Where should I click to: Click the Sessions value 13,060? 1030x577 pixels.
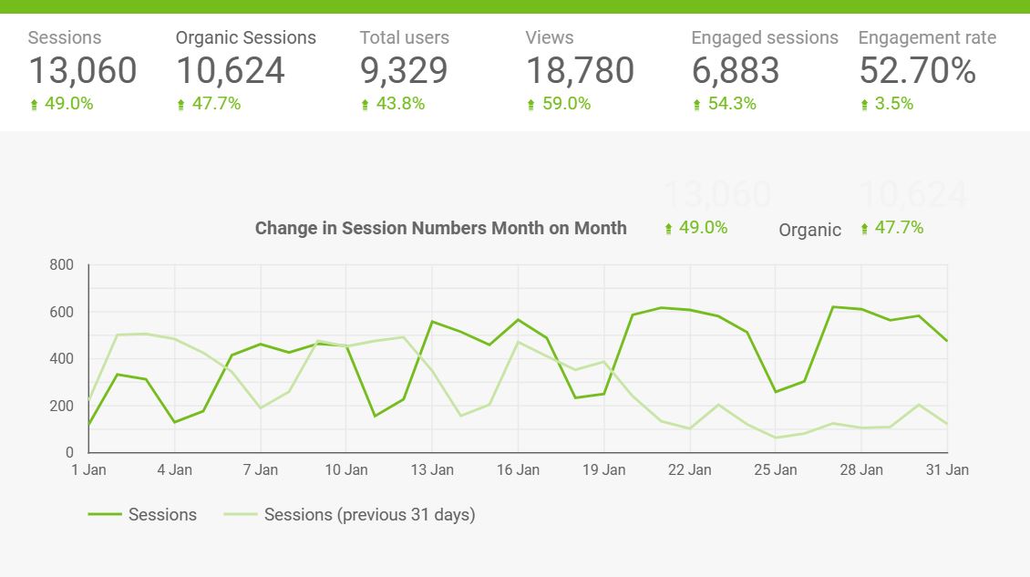tap(82, 70)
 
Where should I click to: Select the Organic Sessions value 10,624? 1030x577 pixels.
tap(230, 70)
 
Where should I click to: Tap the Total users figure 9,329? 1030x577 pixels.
tap(403, 70)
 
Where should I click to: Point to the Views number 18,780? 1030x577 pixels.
tap(580, 70)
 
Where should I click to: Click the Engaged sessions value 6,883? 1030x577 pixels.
tap(736, 70)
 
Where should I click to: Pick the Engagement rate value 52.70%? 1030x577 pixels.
tap(917, 70)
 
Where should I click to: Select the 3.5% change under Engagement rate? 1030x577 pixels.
tap(893, 104)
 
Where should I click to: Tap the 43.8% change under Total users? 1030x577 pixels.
tap(400, 104)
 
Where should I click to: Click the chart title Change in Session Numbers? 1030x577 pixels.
tap(440, 228)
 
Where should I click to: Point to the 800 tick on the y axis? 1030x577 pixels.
tap(61, 265)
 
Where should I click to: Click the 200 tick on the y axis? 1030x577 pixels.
tap(61, 406)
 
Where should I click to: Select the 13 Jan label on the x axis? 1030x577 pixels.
tap(432, 470)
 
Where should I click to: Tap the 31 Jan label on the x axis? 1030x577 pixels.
tap(947, 470)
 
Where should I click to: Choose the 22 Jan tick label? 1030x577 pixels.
tap(689, 470)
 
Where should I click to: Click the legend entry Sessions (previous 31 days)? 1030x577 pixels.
tap(368, 515)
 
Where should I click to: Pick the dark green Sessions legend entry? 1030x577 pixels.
tap(161, 515)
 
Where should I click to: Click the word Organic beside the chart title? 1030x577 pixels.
tap(809, 230)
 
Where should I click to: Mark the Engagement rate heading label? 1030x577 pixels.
tap(927, 38)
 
